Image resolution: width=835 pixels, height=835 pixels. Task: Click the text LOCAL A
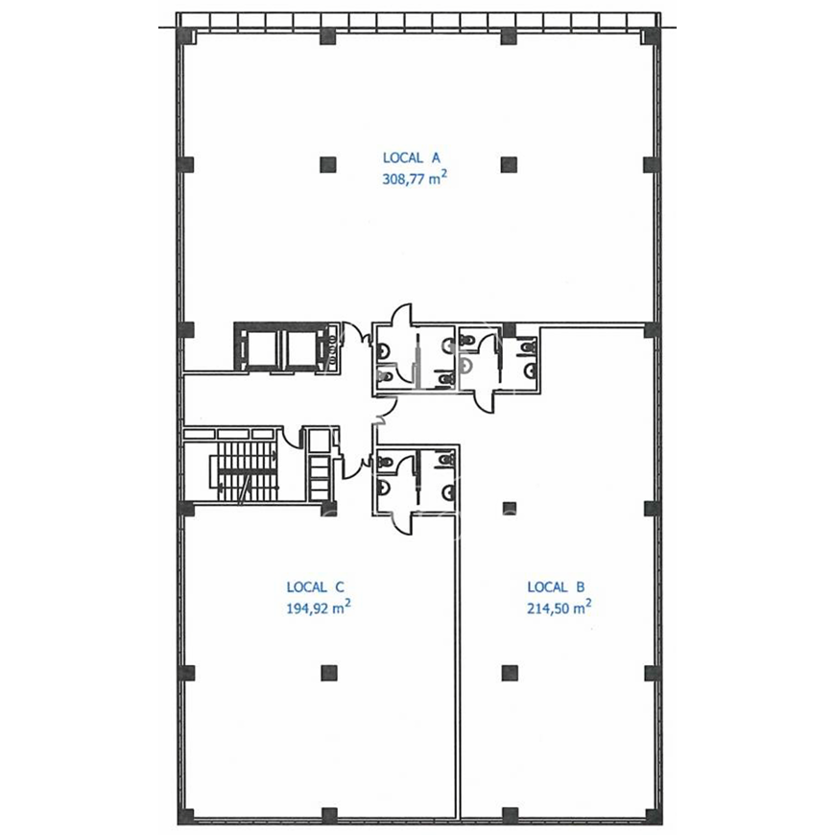(x=412, y=157)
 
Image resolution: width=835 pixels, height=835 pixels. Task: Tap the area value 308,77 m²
(x=414, y=179)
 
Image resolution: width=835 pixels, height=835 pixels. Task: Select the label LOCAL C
(x=315, y=586)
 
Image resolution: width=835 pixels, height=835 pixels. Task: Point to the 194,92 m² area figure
(x=318, y=608)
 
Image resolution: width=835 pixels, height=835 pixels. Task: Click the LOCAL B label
(x=556, y=586)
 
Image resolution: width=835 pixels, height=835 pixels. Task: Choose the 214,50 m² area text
(x=560, y=608)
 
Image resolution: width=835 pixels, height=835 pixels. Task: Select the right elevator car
(x=302, y=347)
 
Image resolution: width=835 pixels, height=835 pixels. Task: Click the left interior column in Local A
(x=328, y=164)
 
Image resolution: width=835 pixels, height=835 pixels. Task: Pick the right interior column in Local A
(x=509, y=164)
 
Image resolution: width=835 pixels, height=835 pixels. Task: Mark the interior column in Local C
(x=329, y=673)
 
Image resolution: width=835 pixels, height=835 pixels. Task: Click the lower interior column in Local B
(x=510, y=673)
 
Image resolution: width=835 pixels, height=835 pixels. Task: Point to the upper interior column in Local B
(x=510, y=508)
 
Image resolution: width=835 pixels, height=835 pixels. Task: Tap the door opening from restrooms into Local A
(x=402, y=313)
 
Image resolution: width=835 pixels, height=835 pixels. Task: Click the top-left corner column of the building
(x=186, y=36)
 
